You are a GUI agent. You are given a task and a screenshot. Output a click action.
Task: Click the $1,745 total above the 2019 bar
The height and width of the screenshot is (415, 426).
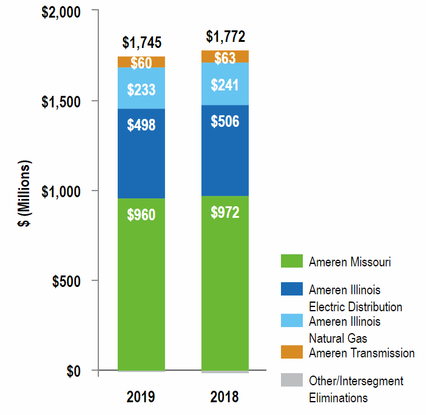(x=141, y=42)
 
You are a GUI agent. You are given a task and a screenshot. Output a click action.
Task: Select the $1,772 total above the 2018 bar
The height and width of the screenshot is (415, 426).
(x=225, y=37)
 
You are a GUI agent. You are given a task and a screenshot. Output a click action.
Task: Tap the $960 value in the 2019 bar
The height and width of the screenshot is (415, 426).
(x=141, y=215)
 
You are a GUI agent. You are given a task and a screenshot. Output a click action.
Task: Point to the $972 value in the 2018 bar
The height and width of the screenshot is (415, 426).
(x=225, y=212)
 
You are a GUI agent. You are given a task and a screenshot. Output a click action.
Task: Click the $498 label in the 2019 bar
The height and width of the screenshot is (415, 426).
(x=141, y=125)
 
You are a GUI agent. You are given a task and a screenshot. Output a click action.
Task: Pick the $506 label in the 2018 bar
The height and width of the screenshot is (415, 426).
(x=225, y=121)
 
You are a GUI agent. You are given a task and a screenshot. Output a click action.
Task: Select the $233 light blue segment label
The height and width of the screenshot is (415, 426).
(x=141, y=90)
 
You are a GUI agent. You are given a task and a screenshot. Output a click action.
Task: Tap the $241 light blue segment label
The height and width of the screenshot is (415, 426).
(x=225, y=85)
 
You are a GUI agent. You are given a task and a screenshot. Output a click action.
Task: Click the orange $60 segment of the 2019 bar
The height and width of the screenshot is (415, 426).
(x=141, y=62)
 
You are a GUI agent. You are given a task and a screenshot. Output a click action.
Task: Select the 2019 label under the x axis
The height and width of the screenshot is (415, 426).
(x=141, y=397)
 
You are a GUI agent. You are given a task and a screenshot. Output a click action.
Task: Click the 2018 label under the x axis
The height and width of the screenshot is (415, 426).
(x=225, y=397)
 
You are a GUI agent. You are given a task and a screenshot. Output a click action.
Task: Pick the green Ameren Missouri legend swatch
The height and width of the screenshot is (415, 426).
(x=291, y=261)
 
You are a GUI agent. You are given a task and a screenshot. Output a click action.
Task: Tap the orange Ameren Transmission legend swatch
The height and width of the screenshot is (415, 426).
(x=291, y=352)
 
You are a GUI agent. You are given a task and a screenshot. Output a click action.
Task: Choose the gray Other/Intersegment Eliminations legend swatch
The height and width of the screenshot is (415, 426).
(x=291, y=380)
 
